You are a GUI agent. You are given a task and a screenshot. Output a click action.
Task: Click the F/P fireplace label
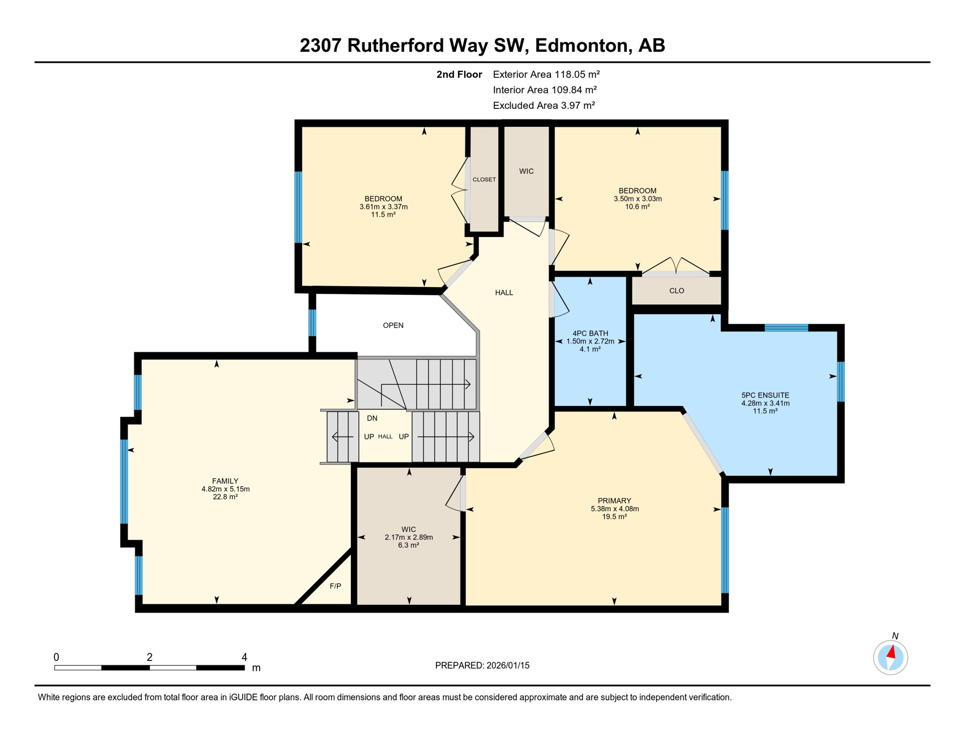click(x=335, y=586)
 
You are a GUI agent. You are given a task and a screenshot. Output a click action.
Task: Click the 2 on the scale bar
click(x=150, y=657)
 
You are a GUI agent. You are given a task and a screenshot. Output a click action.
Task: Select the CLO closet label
click(x=676, y=291)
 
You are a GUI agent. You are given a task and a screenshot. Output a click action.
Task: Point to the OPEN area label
click(x=393, y=325)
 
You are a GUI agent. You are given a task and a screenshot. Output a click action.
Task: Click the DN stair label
click(x=372, y=418)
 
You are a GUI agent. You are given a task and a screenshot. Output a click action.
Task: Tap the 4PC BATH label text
click(x=590, y=333)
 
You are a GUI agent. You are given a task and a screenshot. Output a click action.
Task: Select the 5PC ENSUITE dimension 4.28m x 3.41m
click(x=765, y=403)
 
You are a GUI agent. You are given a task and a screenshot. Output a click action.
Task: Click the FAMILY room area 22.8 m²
click(x=225, y=497)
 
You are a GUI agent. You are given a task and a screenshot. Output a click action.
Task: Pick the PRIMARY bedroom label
click(x=614, y=501)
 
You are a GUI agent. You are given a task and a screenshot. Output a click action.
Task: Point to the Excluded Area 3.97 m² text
click(x=544, y=105)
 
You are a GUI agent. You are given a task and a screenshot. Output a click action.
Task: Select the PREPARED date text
click(x=482, y=665)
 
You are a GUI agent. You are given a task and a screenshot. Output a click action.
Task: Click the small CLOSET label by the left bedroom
click(x=484, y=180)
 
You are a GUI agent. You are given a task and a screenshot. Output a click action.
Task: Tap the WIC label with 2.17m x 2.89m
click(x=408, y=529)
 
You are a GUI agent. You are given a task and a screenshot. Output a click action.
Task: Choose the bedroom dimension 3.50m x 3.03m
click(x=637, y=199)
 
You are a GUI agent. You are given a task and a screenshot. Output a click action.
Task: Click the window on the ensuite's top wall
click(x=786, y=328)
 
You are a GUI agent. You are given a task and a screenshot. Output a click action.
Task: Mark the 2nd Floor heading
click(x=459, y=74)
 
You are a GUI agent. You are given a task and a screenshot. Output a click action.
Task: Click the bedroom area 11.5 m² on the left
click(x=383, y=215)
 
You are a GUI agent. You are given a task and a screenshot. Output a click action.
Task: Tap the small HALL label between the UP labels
click(x=385, y=437)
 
